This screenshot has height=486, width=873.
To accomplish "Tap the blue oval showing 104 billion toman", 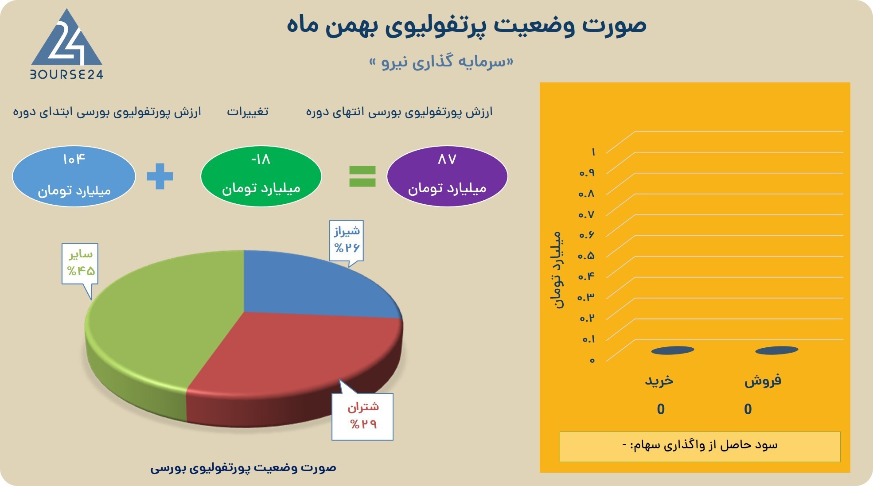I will tap(74, 176).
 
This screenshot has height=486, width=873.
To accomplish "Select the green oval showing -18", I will tap(261, 176).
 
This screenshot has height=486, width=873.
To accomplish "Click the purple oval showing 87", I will tap(447, 176).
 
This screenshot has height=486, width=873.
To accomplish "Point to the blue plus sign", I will tap(160, 176).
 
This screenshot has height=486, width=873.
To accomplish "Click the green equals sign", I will tap(362, 176).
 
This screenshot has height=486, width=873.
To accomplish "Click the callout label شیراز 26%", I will tap(347, 240).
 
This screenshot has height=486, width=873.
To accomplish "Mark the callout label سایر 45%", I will tap(80, 263).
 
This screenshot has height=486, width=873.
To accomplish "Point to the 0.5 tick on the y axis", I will tap(586, 256).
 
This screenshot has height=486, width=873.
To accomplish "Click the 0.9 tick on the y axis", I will tap(587, 173).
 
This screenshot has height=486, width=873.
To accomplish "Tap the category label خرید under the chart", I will tap(659, 381).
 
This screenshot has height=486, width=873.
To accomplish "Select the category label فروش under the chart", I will tap(763, 381).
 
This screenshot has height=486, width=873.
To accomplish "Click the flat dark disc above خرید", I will tap(673, 350).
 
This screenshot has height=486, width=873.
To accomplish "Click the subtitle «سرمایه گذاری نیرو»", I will tap(441, 62).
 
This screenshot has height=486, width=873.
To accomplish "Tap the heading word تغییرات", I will tap(248, 112).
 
